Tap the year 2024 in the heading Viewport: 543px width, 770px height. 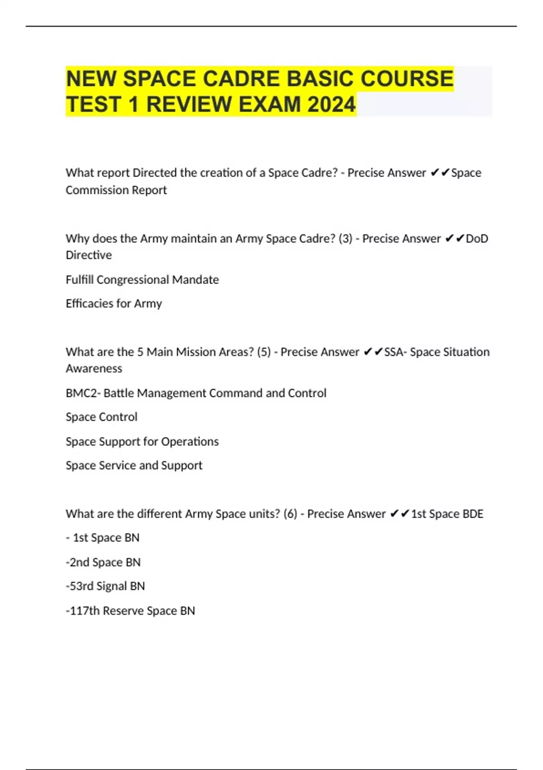(332, 105)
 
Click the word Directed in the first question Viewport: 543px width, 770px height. (154, 173)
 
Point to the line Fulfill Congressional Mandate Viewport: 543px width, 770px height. (142, 279)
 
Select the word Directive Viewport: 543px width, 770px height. (89, 255)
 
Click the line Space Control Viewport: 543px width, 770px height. (101, 417)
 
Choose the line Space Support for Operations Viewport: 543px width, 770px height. (142, 441)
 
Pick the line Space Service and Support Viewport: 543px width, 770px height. (134, 465)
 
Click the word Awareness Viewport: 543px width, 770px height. (94, 368)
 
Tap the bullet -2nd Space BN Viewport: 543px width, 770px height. (103, 562)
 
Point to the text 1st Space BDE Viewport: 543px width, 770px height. (447, 514)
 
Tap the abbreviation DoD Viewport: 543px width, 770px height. (477, 238)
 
